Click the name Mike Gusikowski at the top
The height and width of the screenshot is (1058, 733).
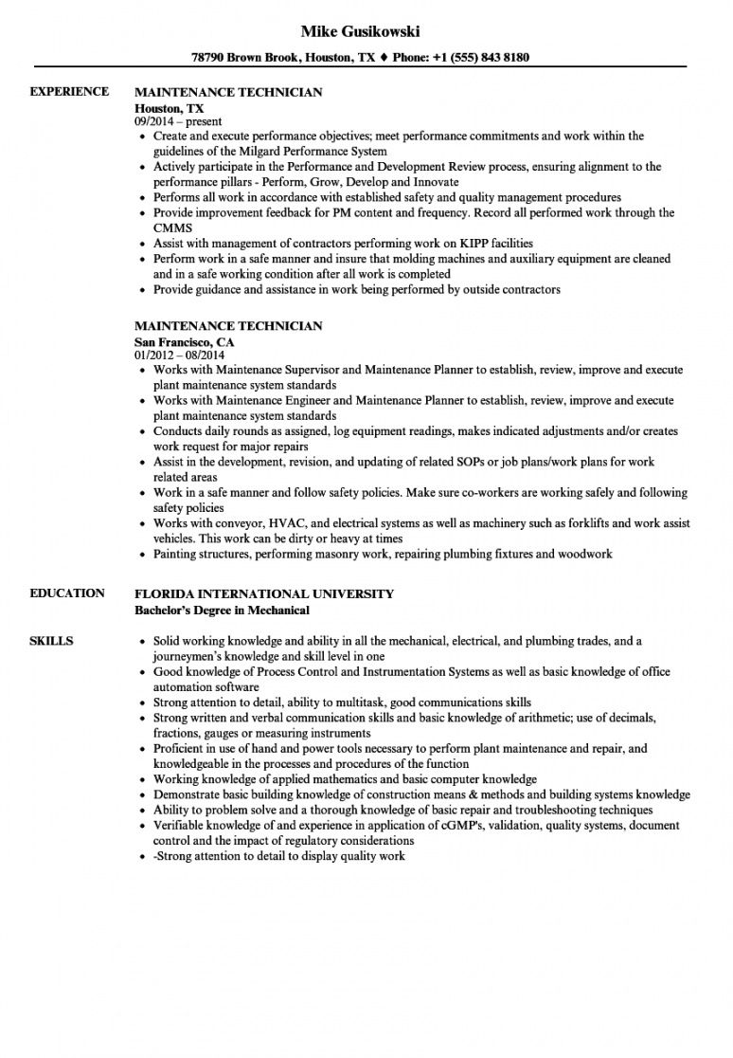click(360, 31)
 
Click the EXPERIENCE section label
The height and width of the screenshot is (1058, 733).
click(68, 92)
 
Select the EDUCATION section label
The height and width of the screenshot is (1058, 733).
click(67, 593)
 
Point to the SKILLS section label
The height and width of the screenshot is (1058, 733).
click(52, 641)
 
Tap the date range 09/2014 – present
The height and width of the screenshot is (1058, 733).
click(178, 121)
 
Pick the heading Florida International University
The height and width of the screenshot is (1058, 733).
click(264, 593)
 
